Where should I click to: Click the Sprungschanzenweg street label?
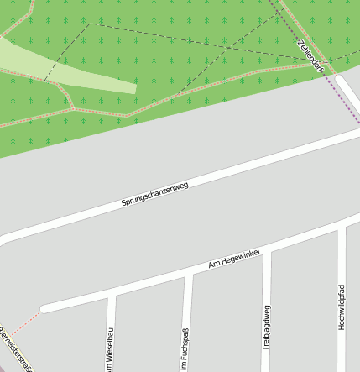(x=154, y=194)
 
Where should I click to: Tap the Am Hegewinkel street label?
(x=234, y=259)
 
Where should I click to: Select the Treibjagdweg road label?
(x=266, y=327)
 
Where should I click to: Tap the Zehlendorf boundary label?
(x=310, y=55)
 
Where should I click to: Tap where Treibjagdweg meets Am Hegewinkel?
(x=267, y=253)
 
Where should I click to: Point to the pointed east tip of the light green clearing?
(x=134, y=87)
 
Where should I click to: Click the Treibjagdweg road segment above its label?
(x=267, y=277)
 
